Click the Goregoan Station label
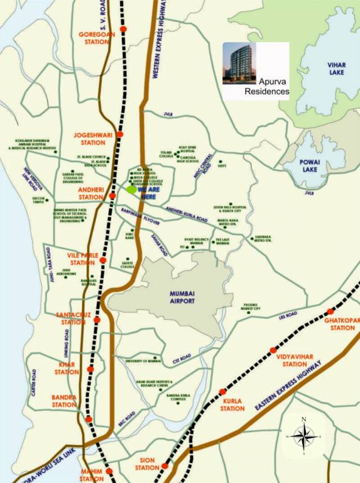click(92, 37)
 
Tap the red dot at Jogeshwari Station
click(120, 135)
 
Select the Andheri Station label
click(90, 193)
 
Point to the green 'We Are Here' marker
click(131, 189)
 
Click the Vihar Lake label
click(337, 69)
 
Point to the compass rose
click(303, 435)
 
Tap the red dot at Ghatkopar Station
click(329, 311)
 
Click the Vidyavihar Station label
click(291, 360)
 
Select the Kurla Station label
click(232, 404)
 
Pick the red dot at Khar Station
click(91, 369)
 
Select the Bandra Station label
click(64, 401)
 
